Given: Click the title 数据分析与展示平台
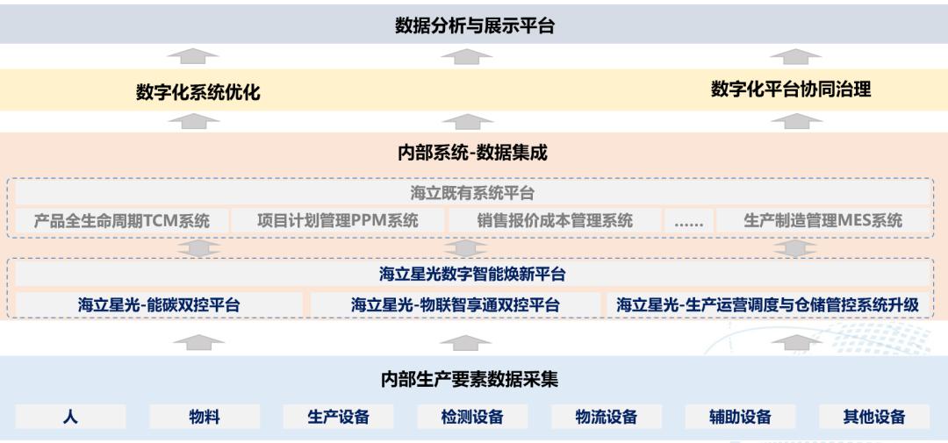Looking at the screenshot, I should click(x=474, y=25).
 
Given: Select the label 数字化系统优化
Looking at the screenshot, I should click(x=197, y=92).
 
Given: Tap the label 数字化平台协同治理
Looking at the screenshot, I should click(x=790, y=89).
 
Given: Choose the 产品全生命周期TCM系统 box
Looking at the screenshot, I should click(x=122, y=220).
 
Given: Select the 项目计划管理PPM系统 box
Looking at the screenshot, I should click(x=338, y=220).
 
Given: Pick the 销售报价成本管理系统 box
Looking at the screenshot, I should click(x=555, y=220).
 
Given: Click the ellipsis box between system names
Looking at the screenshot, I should click(x=688, y=220).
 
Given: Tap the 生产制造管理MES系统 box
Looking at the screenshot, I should click(x=822, y=220).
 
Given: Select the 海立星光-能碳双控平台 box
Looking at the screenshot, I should click(x=159, y=305).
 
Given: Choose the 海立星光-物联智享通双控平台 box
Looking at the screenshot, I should click(x=456, y=305).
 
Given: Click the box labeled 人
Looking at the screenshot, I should click(x=70, y=417).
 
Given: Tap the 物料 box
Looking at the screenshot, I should click(x=205, y=417).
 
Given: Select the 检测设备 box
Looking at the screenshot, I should click(x=472, y=417).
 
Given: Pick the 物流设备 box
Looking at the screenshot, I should click(x=607, y=417).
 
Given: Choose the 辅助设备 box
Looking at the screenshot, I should click(x=740, y=417).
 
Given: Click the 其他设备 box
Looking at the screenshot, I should click(x=874, y=417).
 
